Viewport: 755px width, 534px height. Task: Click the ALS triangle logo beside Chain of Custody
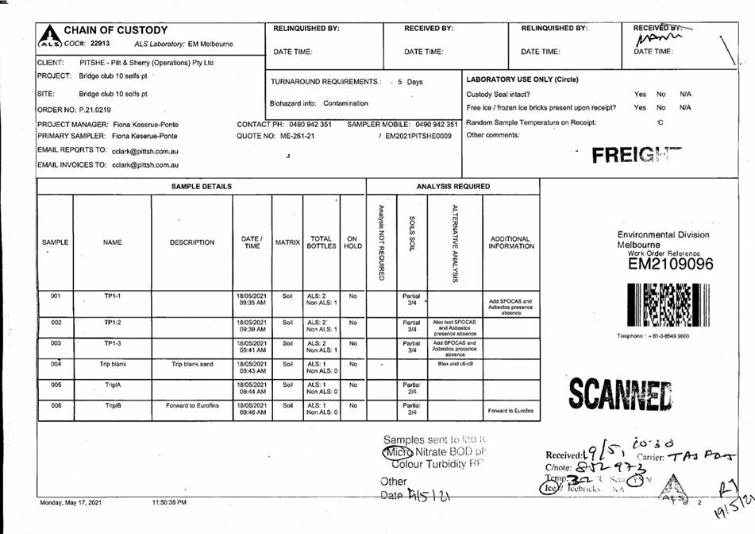(48, 35)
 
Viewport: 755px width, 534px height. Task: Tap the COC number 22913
(99, 44)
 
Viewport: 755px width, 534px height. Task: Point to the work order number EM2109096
(670, 264)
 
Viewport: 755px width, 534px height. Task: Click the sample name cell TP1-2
(112, 323)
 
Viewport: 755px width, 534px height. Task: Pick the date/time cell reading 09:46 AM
(251, 408)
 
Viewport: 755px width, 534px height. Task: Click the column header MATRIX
(287, 242)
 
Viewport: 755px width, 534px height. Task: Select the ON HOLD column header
(352, 242)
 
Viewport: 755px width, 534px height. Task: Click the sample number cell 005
(56, 384)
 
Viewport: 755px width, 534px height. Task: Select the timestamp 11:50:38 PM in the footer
(169, 502)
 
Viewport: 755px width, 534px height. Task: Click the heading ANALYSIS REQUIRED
(453, 187)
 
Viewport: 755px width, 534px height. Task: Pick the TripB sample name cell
(112, 405)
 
